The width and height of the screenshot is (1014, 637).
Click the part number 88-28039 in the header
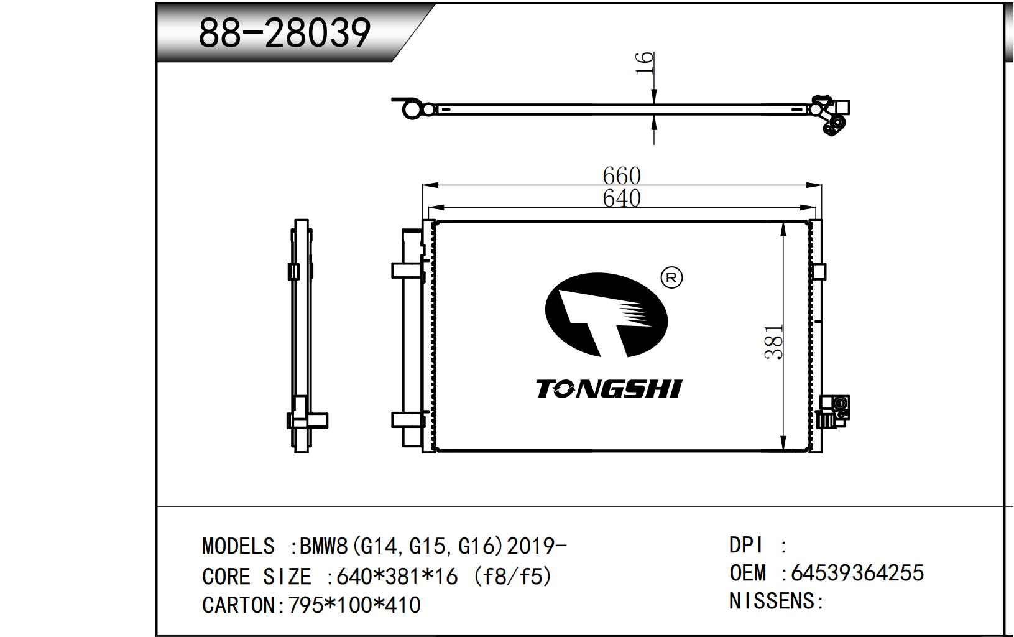pyautogui.click(x=285, y=33)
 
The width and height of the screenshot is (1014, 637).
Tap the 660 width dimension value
pyautogui.click(x=622, y=175)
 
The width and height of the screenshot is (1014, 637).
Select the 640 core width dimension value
pyautogui.click(x=622, y=198)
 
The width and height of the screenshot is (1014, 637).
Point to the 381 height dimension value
pyautogui.click(x=773, y=342)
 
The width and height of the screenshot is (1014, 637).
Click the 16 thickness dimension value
pyautogui.click(x=645, y=63)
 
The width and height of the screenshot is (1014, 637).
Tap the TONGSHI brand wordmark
pyautogui.click(x=609, y=389)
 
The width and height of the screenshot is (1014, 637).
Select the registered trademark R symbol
pyautogui.click(x=672, y=277)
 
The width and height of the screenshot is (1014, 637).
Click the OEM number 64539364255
pyautogui.click(x=857, y=573)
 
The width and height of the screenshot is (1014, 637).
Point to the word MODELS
pyautogui.click(x=238, y=546)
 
